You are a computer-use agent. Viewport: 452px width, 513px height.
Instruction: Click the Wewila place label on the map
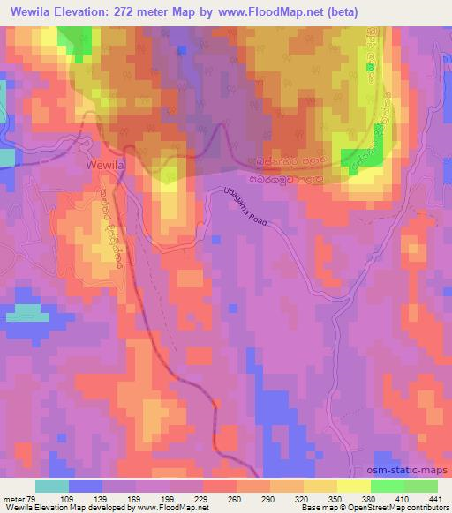coord(107,164)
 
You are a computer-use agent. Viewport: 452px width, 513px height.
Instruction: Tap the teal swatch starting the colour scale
coord(52,486)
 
